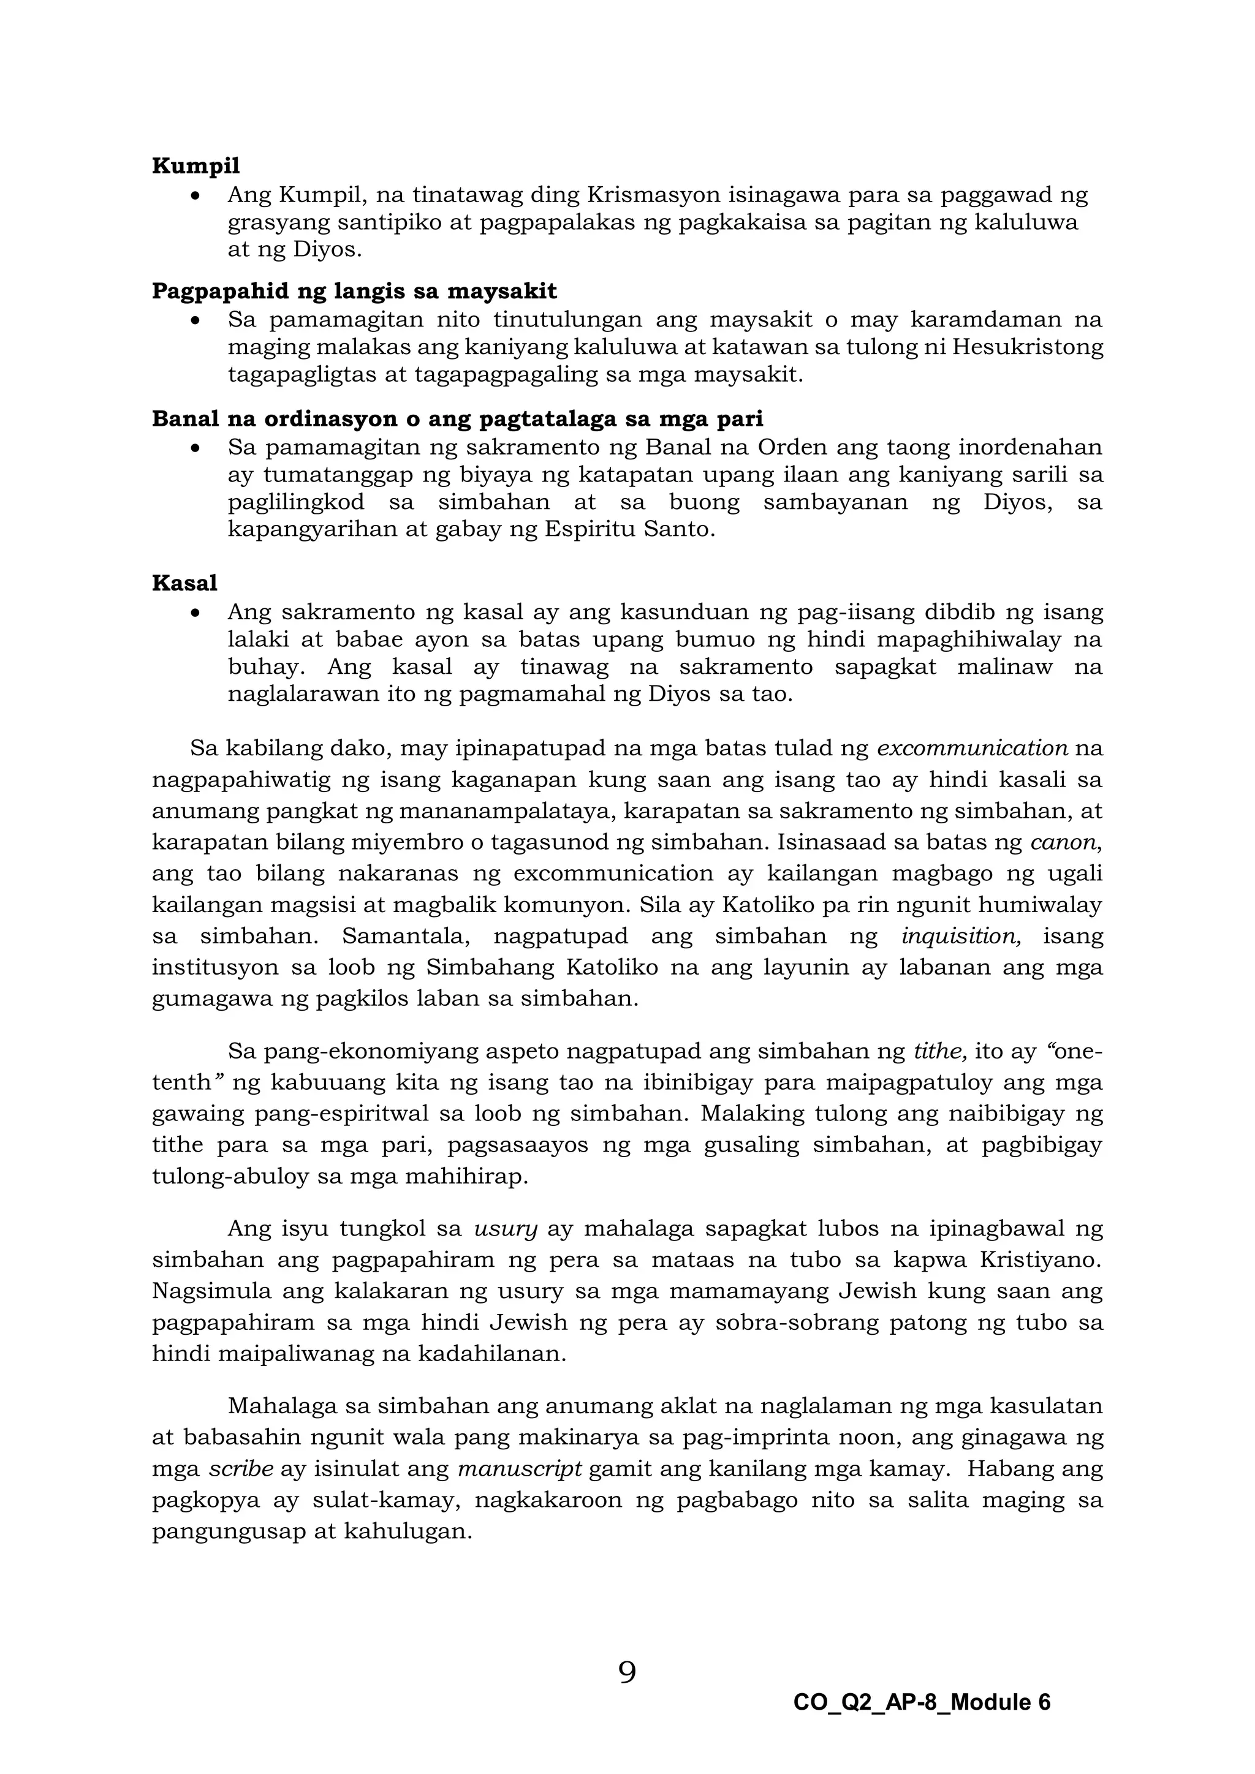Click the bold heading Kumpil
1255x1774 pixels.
click(x=195, y=166)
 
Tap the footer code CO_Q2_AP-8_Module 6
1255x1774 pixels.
click(x=921, y=1703)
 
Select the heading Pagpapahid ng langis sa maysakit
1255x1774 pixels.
click(x=354, y=292)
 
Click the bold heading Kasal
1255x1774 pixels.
click(x=184, y=583)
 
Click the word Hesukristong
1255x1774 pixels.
click(x=1027, y=347)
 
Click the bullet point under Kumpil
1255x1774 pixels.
click(x=199, y=196)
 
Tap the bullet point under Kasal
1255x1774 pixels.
click(x=199, y=613)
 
